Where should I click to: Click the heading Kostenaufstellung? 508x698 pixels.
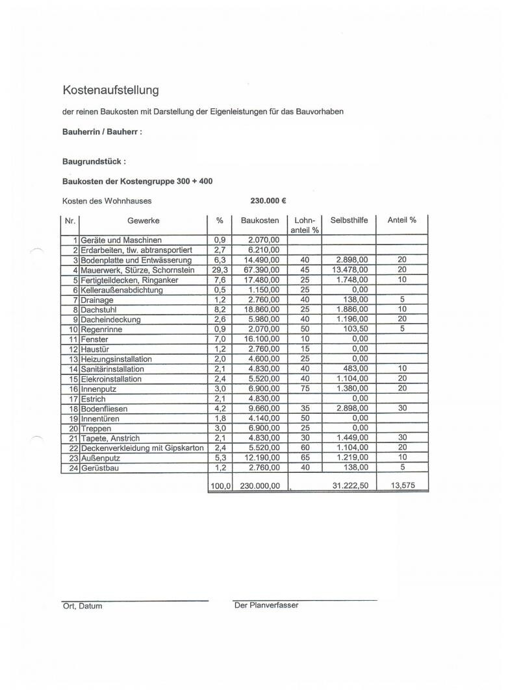(110, 90)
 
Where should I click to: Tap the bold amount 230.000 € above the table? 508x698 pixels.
(269, 201)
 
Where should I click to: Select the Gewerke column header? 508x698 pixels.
(143, 221)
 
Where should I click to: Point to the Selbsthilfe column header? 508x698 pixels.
(349, 221)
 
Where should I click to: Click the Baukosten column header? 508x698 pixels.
(260, 221)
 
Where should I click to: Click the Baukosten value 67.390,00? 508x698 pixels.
(264, 270)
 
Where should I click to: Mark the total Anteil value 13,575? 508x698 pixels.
(403, 485)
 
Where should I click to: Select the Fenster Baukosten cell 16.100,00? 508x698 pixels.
(264, 339)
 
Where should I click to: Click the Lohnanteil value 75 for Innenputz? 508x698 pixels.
(305, 389)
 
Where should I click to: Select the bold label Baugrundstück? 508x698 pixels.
(94, 162)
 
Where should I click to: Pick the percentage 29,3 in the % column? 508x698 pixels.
(220, 270)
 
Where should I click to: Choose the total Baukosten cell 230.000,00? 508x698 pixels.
(260, 485)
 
